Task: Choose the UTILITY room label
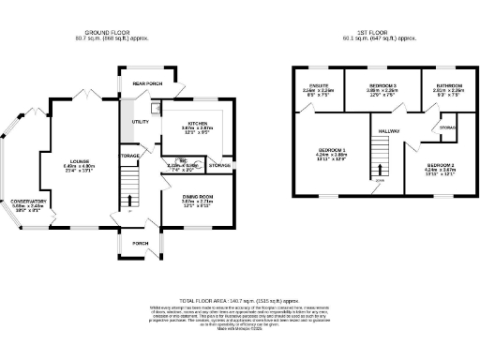pos(141,122)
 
